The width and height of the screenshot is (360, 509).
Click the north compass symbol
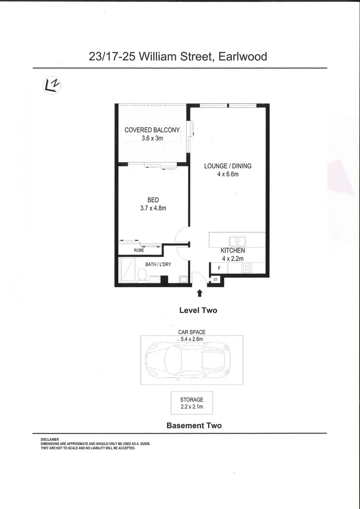click(x=51, y=85)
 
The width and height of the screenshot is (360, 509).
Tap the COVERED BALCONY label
click(x=152, y=130)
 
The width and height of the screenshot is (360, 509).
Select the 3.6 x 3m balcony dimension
click(x=152, y=138)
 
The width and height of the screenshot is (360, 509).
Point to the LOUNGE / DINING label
click(x=228, y=166)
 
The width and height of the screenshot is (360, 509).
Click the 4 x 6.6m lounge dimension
click(x=228, y=174)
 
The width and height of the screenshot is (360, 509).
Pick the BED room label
click(x=153, y=200)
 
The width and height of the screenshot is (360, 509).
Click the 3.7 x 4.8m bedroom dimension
click(x=153, y=208)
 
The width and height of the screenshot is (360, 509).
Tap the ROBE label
click(x=139, y=250)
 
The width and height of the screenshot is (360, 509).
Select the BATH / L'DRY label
click(x=158, y=264)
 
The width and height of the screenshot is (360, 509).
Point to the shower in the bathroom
click(x=126, y=270)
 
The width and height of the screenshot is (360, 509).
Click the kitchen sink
click(x=234, y=241)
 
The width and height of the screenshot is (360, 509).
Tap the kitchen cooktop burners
click(x=246, y=268)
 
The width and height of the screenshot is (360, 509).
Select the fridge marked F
click(x=219, y=268)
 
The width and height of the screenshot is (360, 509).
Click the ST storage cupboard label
click(x=216, y=279)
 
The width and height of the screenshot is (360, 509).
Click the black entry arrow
click(x=199, y=293)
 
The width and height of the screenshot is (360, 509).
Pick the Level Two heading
click(x=198, y=310)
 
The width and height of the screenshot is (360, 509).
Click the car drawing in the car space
click(x=187, y=361)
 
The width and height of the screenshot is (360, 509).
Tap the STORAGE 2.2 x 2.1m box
click(x=191, y=403)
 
